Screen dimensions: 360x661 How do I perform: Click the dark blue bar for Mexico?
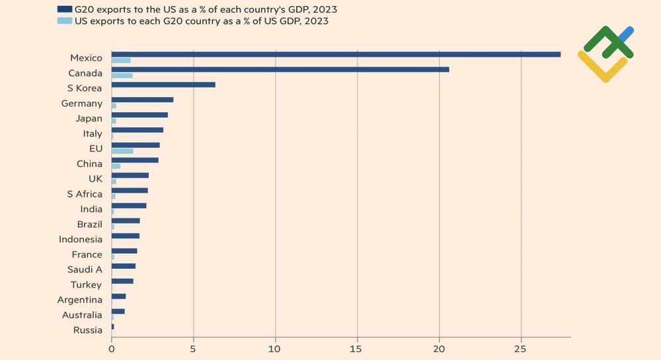point(336,54)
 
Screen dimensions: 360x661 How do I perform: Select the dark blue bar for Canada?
point(280,69)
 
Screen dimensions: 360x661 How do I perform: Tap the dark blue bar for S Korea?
point(163,85)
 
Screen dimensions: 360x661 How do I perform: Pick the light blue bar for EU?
point(122,151)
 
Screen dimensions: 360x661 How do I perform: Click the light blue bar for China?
point(116,166)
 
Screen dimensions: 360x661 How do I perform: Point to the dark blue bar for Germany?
point(142,100)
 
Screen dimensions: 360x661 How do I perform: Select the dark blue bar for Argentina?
point(118,297)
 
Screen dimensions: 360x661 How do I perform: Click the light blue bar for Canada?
point(122,75)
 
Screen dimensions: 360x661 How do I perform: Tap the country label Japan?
point(89,118)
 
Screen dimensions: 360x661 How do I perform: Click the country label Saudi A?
point(85,270)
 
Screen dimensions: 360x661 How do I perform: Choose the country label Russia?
point(88,330)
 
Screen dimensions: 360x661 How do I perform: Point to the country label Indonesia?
point(81,239)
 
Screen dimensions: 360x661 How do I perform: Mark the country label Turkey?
point(86,285)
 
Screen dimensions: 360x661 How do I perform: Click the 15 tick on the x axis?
point(357,346)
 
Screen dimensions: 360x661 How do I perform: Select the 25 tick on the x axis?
point(521,346)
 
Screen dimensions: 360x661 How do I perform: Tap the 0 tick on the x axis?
point(111,346)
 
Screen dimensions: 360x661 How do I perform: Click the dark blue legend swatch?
point(65,9)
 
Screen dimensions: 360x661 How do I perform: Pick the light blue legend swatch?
point(65,21)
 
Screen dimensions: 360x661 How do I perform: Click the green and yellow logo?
point(605,54)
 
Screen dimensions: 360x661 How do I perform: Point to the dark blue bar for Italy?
point(137,130)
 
